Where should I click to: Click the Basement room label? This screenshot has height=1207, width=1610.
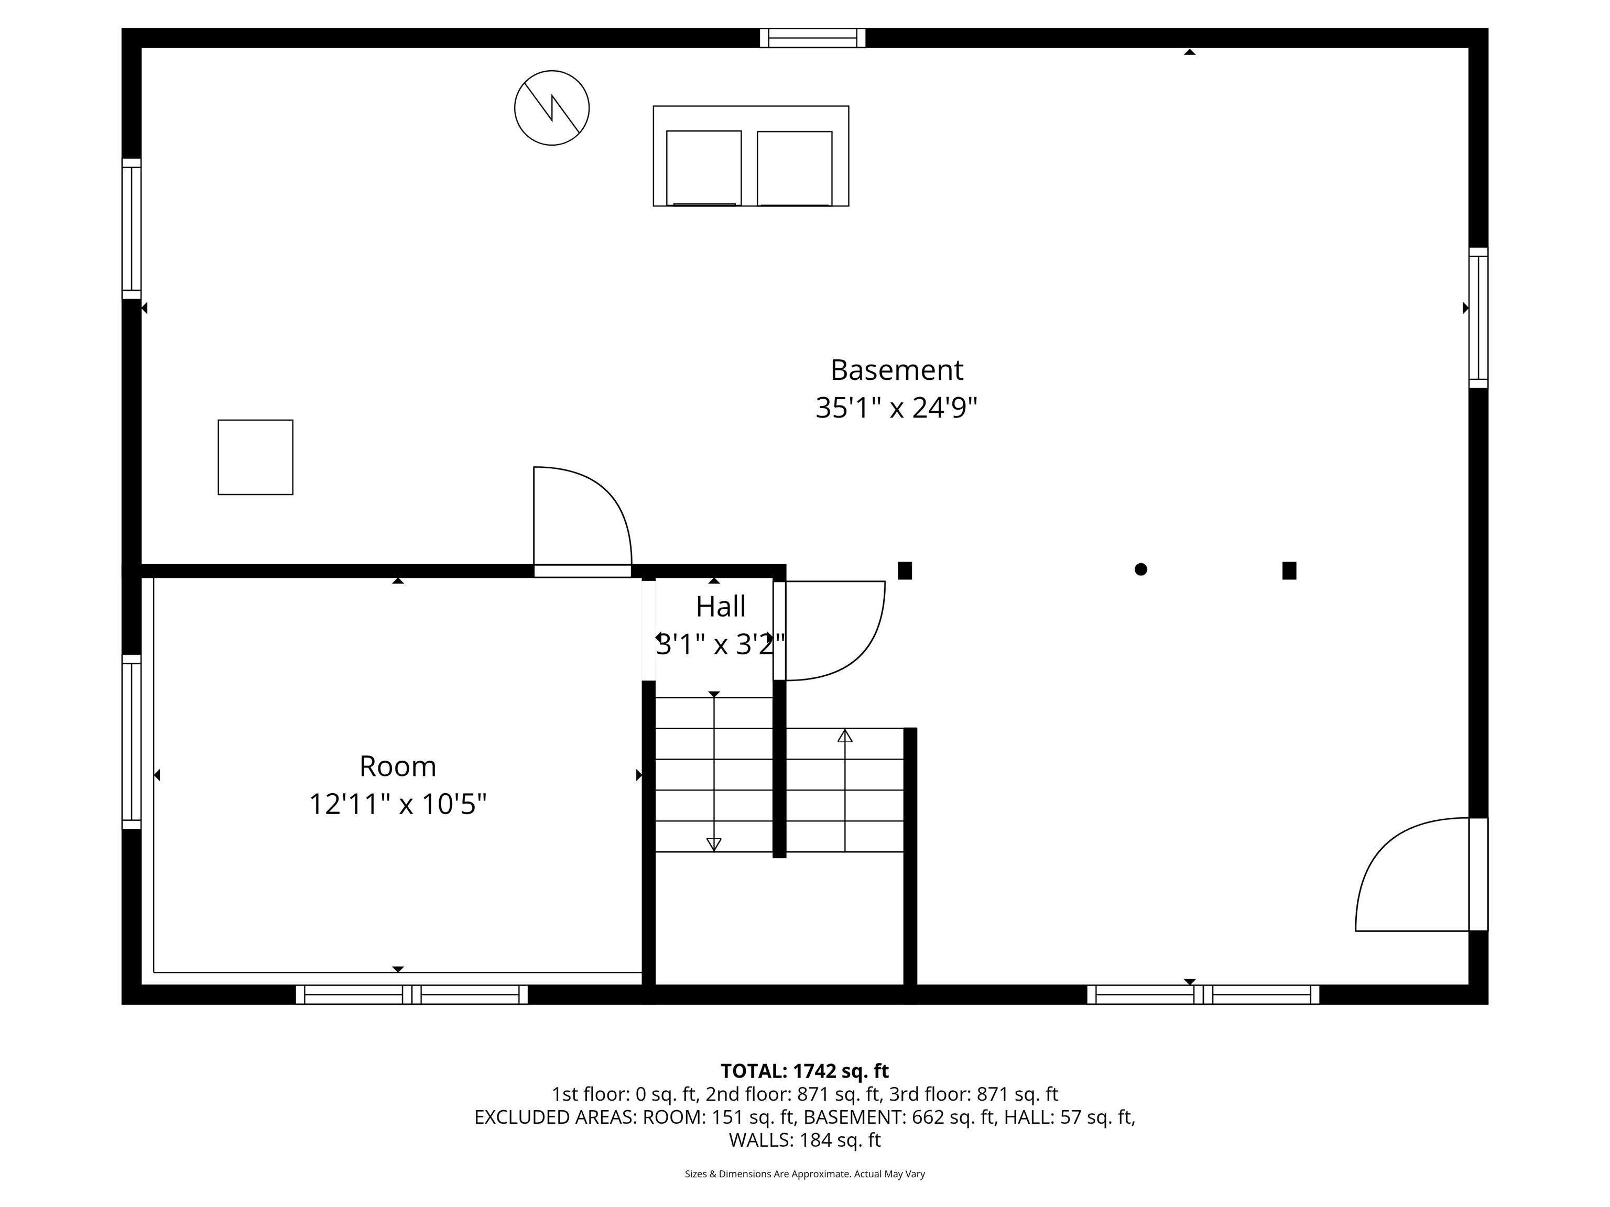point(896,370)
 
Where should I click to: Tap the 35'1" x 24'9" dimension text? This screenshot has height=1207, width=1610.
point(896,408)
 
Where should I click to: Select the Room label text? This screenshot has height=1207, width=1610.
point(397,766)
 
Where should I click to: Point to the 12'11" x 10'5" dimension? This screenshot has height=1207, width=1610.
point(397,805)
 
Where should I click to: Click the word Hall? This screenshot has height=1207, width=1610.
point(721,606)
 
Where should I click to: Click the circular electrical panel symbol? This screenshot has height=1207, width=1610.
point(552,108)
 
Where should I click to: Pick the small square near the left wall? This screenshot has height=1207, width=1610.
point(255,457)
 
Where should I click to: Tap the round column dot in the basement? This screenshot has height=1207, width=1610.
point(1140,569)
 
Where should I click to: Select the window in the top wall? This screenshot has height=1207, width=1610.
point(812,38)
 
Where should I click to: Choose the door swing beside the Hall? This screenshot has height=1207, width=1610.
point(833,630)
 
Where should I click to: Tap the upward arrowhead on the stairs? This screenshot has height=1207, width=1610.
point(844,736)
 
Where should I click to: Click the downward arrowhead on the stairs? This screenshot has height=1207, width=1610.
point(714,844)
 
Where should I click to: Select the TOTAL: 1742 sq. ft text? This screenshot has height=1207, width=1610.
point(804,1071)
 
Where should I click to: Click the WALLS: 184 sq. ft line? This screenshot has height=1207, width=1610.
point(804,1140)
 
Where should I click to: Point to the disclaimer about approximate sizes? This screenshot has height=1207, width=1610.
point(804,1173)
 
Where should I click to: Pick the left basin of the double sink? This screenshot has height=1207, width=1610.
point(704,168)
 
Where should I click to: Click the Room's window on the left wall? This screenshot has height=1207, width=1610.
point(131,741)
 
